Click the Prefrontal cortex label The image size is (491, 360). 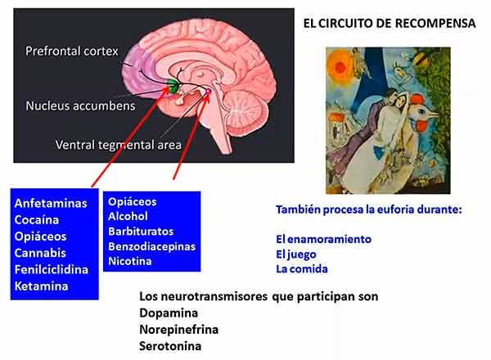72,51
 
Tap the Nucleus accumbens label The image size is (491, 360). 80,106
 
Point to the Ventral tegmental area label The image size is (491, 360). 119,145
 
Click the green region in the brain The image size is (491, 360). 173,85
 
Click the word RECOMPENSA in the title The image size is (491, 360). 435,24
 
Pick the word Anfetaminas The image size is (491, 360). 51,203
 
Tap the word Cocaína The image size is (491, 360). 37,220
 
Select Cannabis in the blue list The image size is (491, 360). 40,253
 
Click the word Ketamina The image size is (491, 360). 42,286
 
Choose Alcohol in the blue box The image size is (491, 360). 128,216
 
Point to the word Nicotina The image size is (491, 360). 130,261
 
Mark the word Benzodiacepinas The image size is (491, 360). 152,246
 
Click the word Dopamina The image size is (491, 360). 169,313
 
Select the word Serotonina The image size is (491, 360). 170,346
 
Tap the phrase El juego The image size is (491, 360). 296,254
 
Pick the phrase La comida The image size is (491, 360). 302,269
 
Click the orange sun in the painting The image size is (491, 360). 339,65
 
